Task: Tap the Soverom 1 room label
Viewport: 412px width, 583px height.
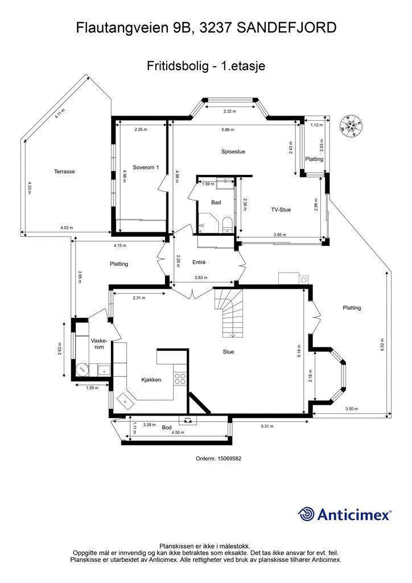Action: pyautogui.click(x=146, y=167)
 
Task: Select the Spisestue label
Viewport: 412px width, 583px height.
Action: pyautogui.click(x=233, y=151)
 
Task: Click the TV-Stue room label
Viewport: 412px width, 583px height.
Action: pyautogui.click(x=281, y=210)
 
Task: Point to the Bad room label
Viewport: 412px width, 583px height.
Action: pyautogui.click(x=216, y=202)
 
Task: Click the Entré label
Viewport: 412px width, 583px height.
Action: pyautogui.click(x=199, y=262)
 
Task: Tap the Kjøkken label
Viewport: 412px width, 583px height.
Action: pyautogui.click(x=151, y=379)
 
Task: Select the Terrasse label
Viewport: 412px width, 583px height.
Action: pyautogui.click(x=64, y=171)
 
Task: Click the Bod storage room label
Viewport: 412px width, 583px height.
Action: pyautogui.click(x=167, y=427)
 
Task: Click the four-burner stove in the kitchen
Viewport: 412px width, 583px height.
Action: pyautogui.click(x=180, y=379)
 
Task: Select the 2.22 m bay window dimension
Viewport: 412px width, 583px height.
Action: pyautogui.click(x=229, y=111)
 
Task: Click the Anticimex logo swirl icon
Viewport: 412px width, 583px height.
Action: pyautogui.click(x=306, y=514)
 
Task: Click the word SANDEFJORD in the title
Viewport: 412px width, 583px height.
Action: pyautogui.click(x=285, y=27)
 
